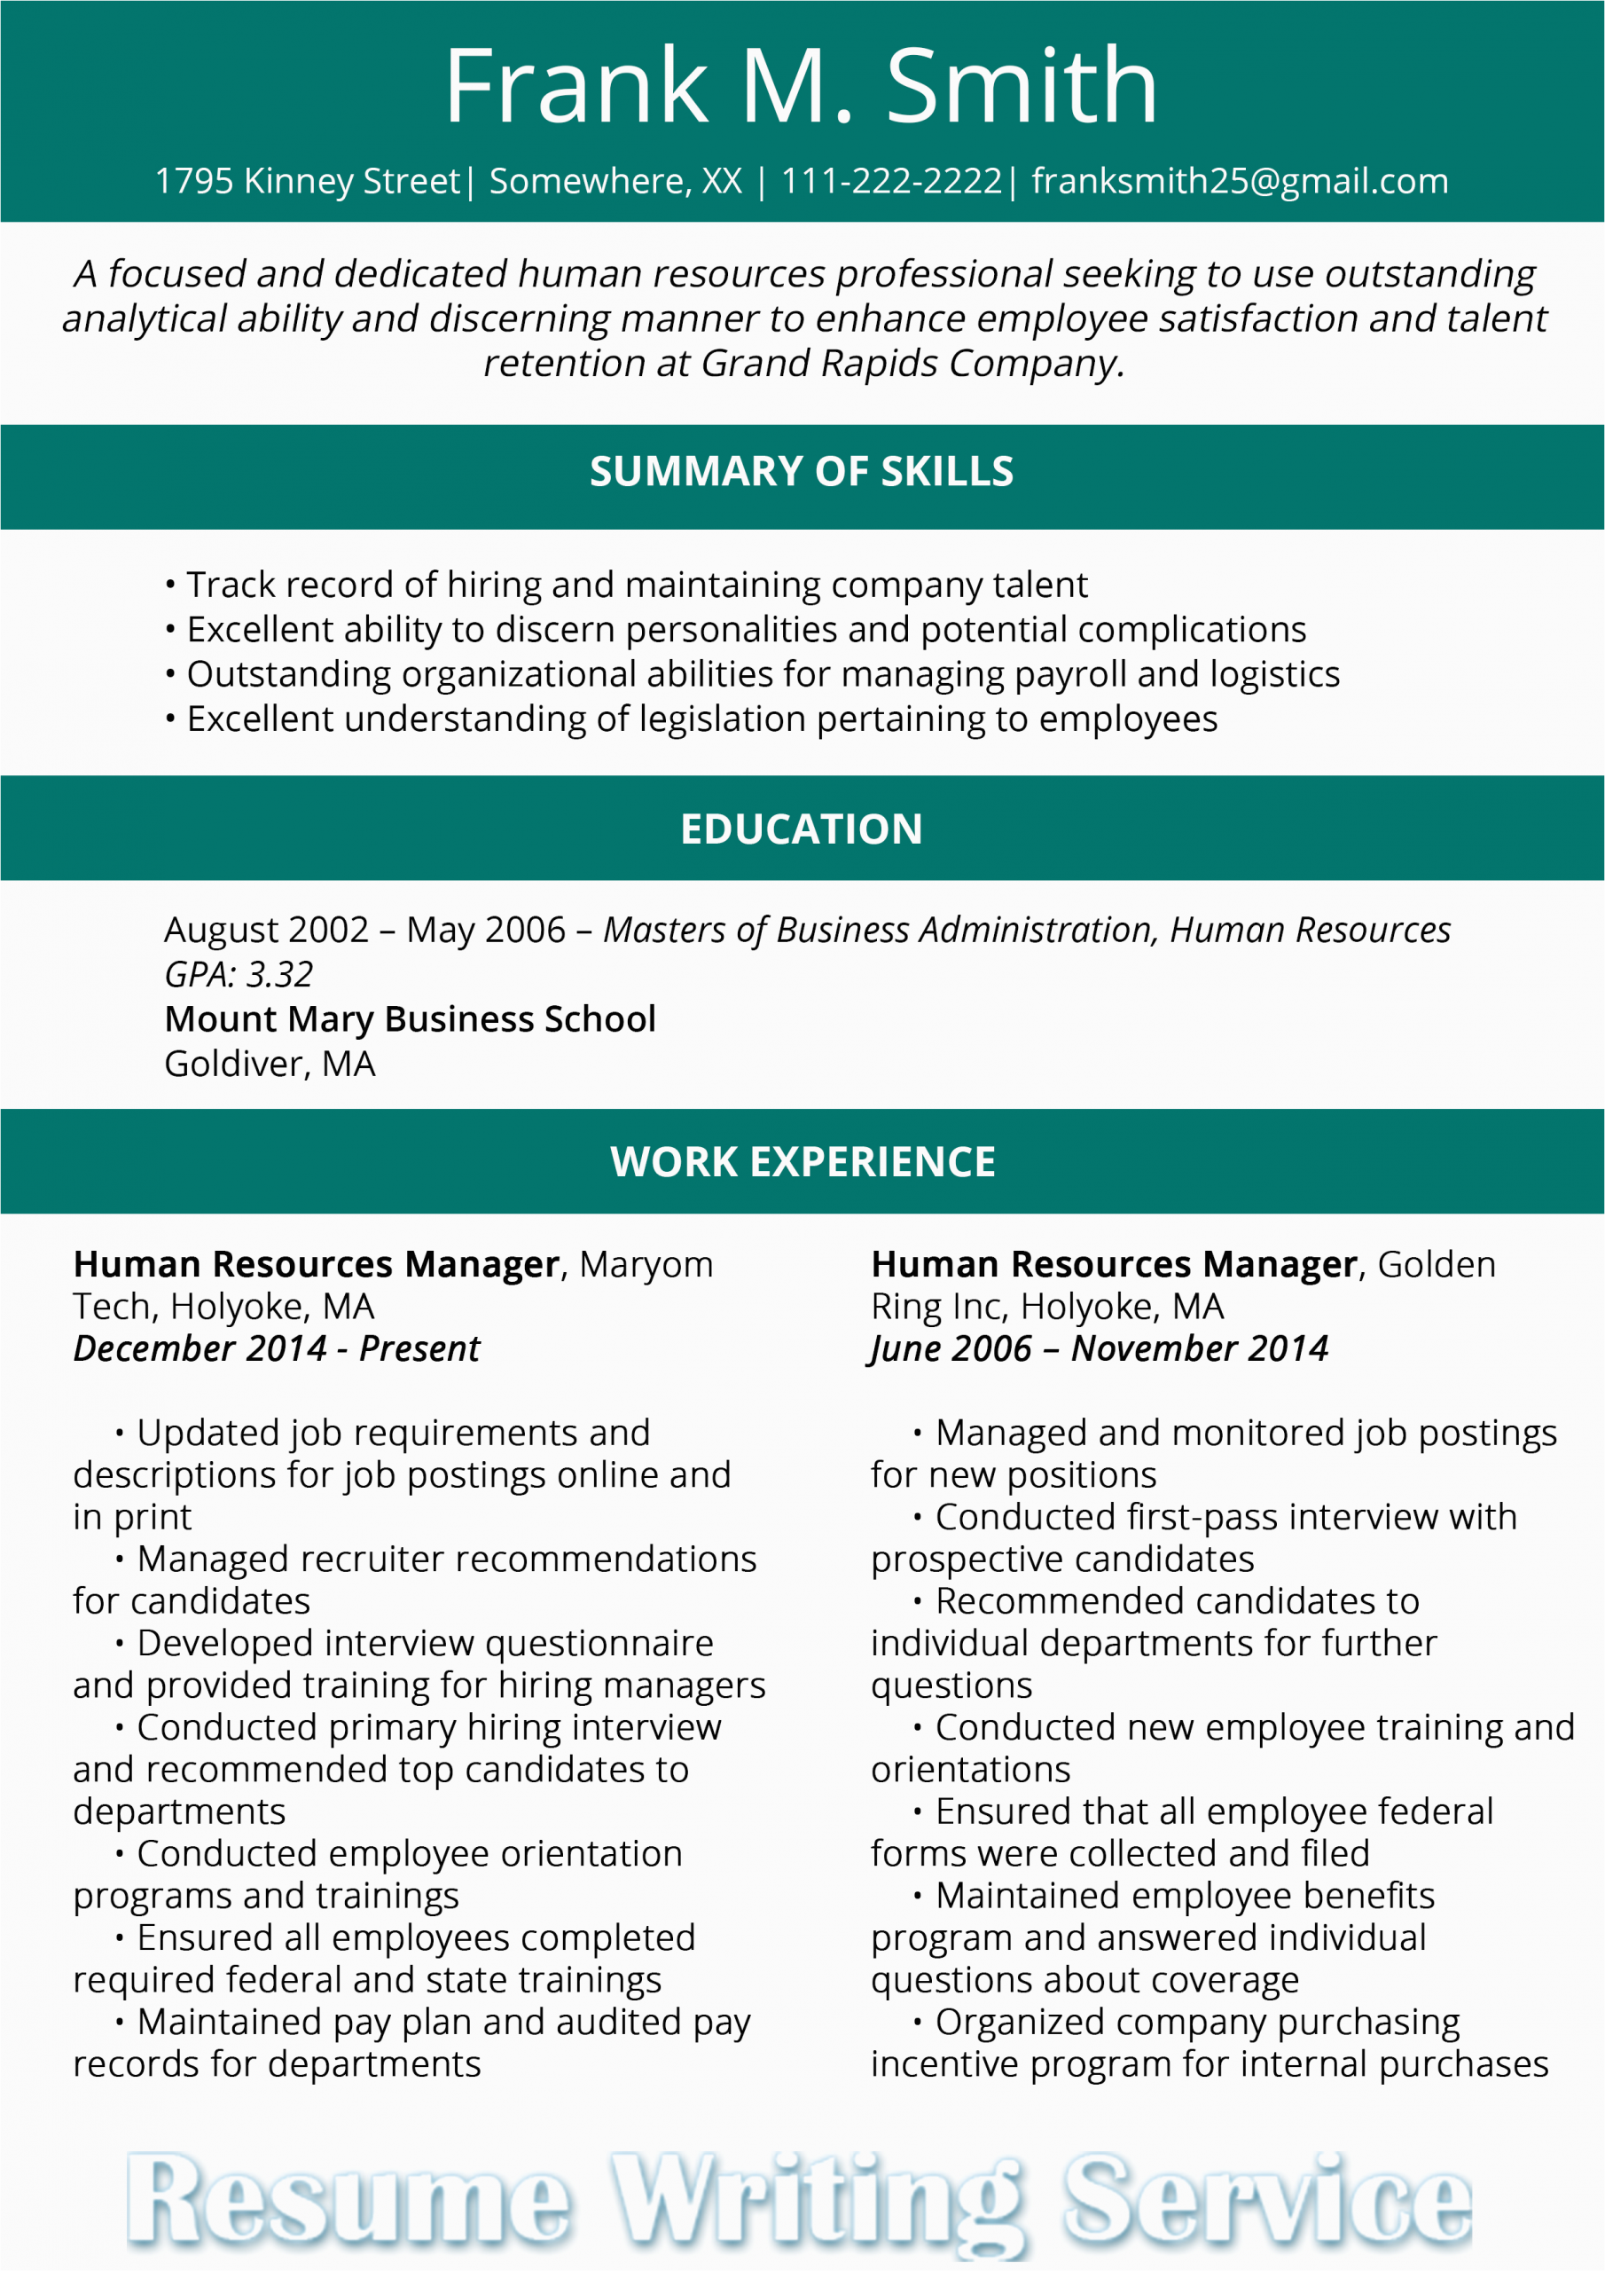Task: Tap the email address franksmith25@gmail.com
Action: [x=1239, y=182]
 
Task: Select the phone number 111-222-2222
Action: [x=891, y=182]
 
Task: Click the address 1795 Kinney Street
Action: [x=308, y=182]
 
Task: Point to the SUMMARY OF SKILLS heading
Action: [x=801, y=472]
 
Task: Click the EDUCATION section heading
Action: [x=801, y=829]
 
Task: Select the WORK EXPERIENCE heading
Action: [x=802, y=1162]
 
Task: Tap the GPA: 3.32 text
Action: [x=239, y=975]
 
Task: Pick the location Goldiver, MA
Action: [x=269, y=1065]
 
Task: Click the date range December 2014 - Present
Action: [x=276, y=1349]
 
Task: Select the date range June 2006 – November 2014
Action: [x=1099, y=1349]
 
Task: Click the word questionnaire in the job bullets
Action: [x=599, y=1643]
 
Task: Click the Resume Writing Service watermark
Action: [x=799, y=2201]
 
